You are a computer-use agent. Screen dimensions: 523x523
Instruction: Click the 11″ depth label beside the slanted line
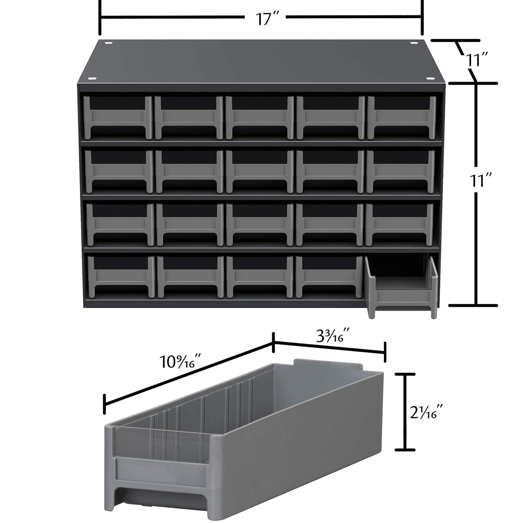tap(477, 60)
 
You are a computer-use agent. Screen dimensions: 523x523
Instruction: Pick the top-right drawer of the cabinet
tap(402, 117)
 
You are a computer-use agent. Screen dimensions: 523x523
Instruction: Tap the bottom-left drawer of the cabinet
tap(121, 277)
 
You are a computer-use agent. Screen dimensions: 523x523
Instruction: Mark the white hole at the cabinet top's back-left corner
tap(108, 43)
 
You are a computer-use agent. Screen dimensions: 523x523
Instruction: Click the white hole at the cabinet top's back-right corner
tap(414, 43)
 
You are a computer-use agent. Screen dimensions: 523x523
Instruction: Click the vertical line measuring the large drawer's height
tap(405, 411)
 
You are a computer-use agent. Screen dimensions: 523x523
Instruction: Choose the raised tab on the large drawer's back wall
tap(328, 364)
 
